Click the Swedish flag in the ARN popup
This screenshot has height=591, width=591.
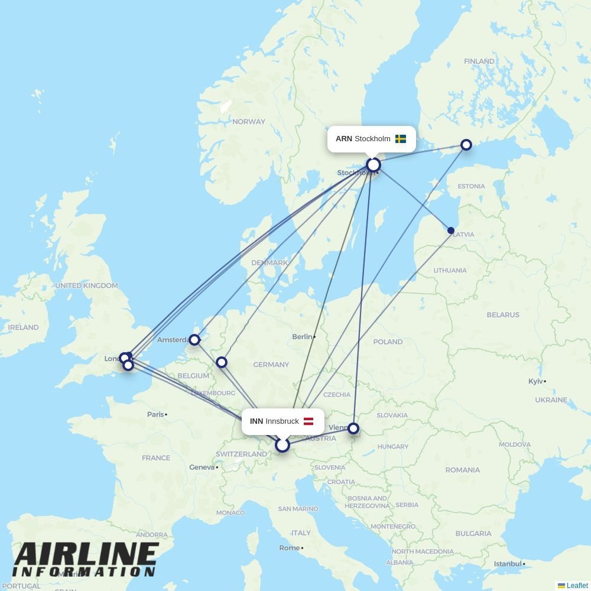pos(401,139)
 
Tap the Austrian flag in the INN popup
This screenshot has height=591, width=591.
pos(309,421)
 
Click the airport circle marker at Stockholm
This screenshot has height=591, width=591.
pos(374,165)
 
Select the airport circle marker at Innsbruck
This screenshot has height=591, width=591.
pos(282,444)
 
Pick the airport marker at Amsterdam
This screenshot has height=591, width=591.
pos(194,340)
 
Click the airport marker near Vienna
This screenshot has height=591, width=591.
pos(353,428)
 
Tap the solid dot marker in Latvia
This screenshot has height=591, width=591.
pos(451,230)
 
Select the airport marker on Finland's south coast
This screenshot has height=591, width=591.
pos(466,145)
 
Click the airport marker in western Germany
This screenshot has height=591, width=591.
pos(222,362)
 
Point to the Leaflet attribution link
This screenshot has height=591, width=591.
pos(577,586)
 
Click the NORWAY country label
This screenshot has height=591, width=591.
pos(249,122)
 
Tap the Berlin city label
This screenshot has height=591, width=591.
pos(302,337)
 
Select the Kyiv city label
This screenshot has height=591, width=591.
pos(535,381)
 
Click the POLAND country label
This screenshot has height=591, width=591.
pos(388,342)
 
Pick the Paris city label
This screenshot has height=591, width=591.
pos(155,414)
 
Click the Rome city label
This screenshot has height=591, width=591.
pos(289,548)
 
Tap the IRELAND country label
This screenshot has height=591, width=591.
pos(23,327)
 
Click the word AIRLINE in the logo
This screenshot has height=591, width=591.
pos(86,554)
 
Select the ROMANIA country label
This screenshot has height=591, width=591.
pos(462,470)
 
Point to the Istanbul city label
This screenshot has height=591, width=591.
pos(508,564)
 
